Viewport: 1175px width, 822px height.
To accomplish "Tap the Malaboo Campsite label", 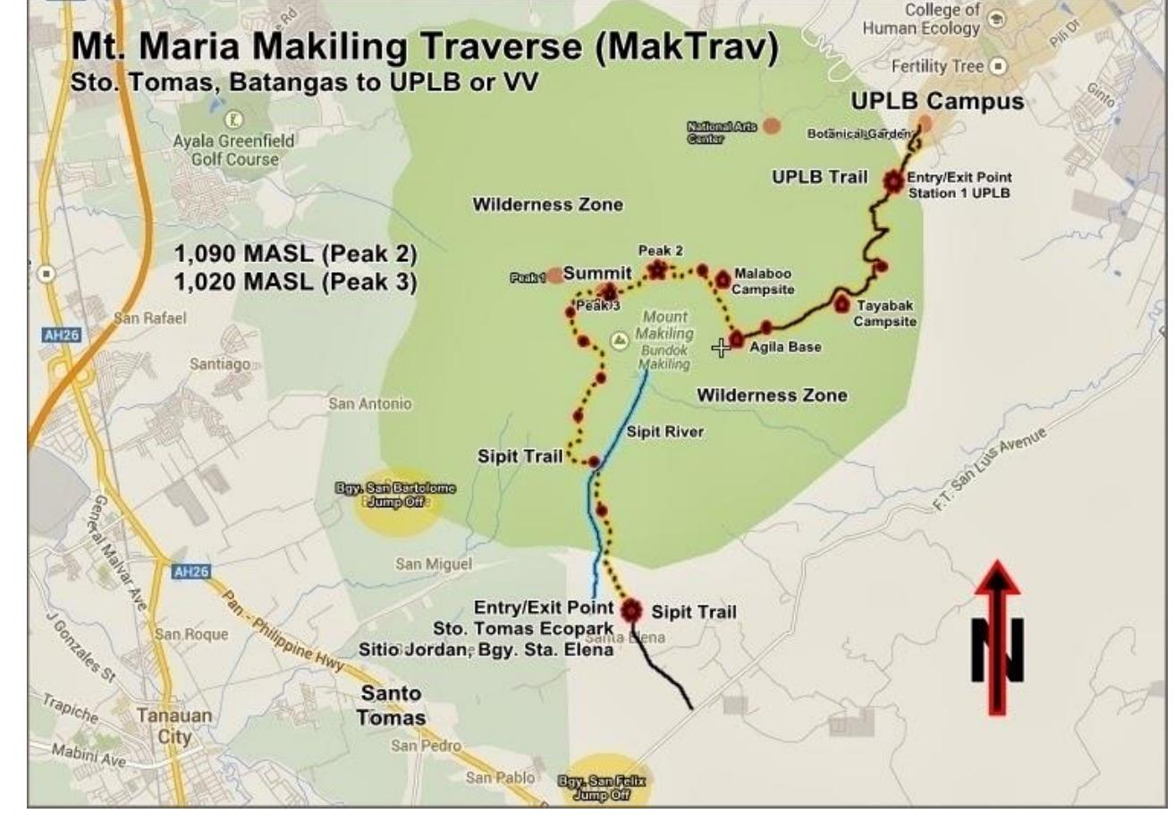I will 762,281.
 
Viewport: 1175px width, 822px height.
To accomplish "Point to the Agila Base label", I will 785,347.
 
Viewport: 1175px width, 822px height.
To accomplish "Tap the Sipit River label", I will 665,432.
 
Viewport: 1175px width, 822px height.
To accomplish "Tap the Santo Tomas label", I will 390,706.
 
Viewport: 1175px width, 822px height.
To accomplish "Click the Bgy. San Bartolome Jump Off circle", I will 394,495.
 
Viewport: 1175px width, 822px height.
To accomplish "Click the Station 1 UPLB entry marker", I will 892,182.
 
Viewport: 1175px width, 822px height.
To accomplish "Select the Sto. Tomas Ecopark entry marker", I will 631,610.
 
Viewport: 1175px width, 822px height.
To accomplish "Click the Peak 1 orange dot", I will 554,275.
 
